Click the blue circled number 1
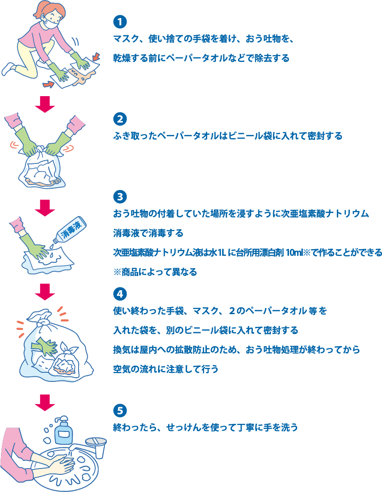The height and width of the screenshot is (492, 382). coord(119,21)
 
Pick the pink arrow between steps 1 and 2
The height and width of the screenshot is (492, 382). coord(45,103)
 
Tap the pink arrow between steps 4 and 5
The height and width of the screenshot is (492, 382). coord(45,402)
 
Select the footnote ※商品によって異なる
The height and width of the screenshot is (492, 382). coord(155,272)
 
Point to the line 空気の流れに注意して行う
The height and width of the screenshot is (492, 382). coord(165,369)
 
